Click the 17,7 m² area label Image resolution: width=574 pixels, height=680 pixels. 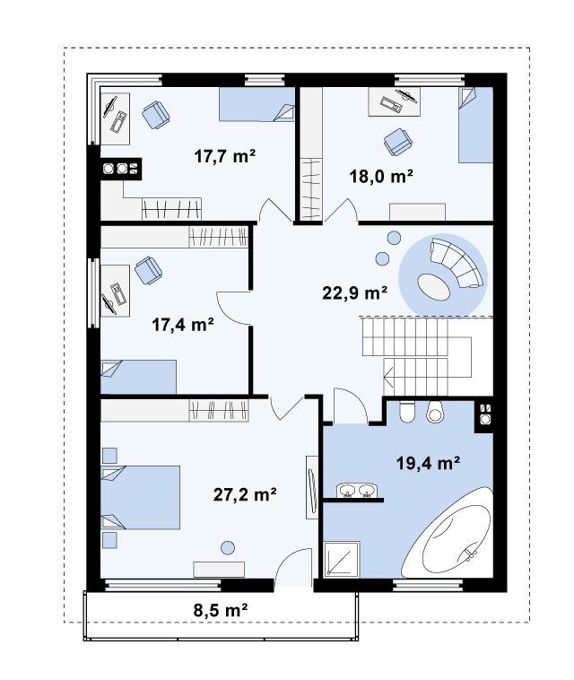(224, 156)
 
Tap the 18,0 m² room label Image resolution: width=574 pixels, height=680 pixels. (381, 176)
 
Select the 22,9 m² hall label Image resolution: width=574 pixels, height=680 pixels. (354, 292)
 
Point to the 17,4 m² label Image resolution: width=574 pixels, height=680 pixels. (183, 325)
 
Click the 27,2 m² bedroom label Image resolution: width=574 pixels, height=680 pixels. (245, 494)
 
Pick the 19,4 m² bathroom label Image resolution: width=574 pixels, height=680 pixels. (429, 463)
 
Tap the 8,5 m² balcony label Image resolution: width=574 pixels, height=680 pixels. (221, 610)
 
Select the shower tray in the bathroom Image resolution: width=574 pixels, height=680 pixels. (342, 559)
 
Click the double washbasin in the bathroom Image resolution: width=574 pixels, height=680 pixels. (357, 491)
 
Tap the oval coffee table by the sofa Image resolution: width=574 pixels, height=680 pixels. (433, 286)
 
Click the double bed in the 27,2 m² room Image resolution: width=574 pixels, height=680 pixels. (140, 497)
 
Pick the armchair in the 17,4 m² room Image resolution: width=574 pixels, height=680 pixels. (148, 270)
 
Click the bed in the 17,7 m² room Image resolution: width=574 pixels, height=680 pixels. (257, 104)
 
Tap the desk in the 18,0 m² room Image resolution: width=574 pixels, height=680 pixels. (394, 101)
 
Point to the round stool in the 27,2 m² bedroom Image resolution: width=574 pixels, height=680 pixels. (228, 548)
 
